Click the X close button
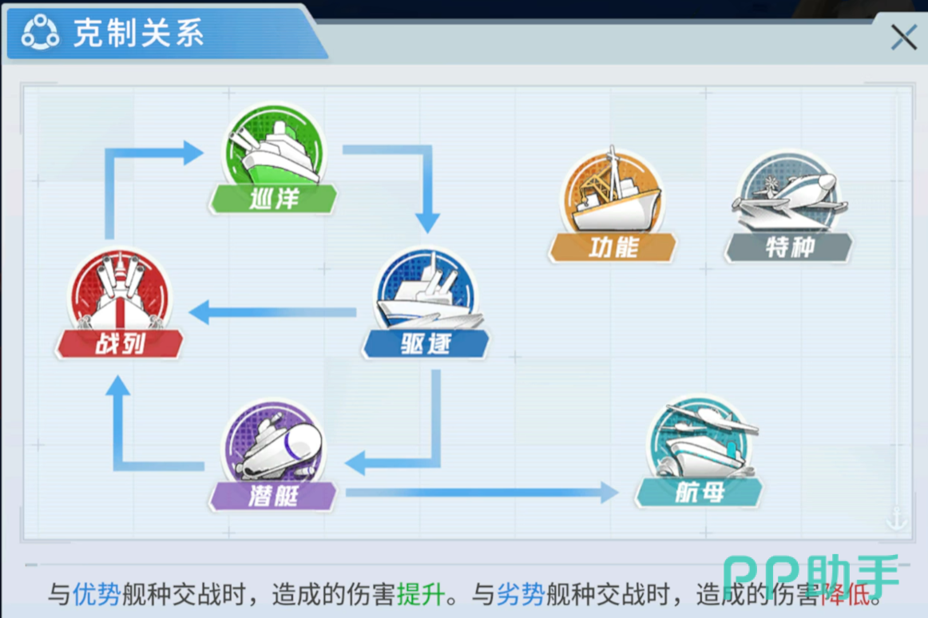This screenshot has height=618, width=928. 903,38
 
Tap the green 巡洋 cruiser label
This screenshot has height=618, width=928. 273,199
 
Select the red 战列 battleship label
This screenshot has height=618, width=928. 120,343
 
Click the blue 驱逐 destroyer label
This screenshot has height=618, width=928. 426,343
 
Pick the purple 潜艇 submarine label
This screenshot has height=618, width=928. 273,496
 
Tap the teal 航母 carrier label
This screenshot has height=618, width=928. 699,492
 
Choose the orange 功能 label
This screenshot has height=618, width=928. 613,248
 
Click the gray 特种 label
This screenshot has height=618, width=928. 789,248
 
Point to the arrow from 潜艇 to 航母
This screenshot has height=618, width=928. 482,493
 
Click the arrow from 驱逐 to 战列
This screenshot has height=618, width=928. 272,312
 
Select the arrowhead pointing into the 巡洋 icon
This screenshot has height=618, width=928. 192,153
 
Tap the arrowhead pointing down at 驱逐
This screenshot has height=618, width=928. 427,224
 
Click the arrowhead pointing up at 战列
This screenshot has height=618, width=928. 117,386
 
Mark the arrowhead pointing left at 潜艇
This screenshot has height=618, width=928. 355,462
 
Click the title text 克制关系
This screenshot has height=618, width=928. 138,33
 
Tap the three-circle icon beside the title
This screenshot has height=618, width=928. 40,32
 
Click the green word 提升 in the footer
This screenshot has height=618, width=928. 421,594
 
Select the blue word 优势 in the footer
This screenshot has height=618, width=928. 97,594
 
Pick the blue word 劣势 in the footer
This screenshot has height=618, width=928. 520,594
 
